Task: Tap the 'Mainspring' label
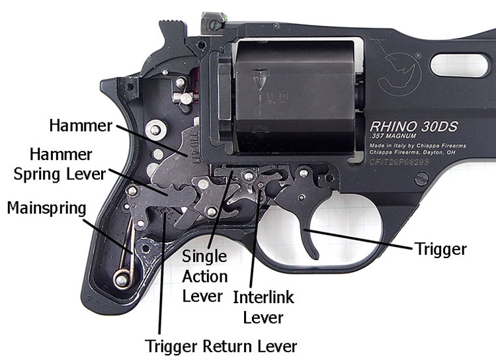47,208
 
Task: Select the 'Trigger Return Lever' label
221,346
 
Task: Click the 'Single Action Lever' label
204,275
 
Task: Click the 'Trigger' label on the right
440,249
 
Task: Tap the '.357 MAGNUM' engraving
394,137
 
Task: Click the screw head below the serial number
421,178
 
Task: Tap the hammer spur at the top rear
170,28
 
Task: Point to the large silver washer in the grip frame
155,130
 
